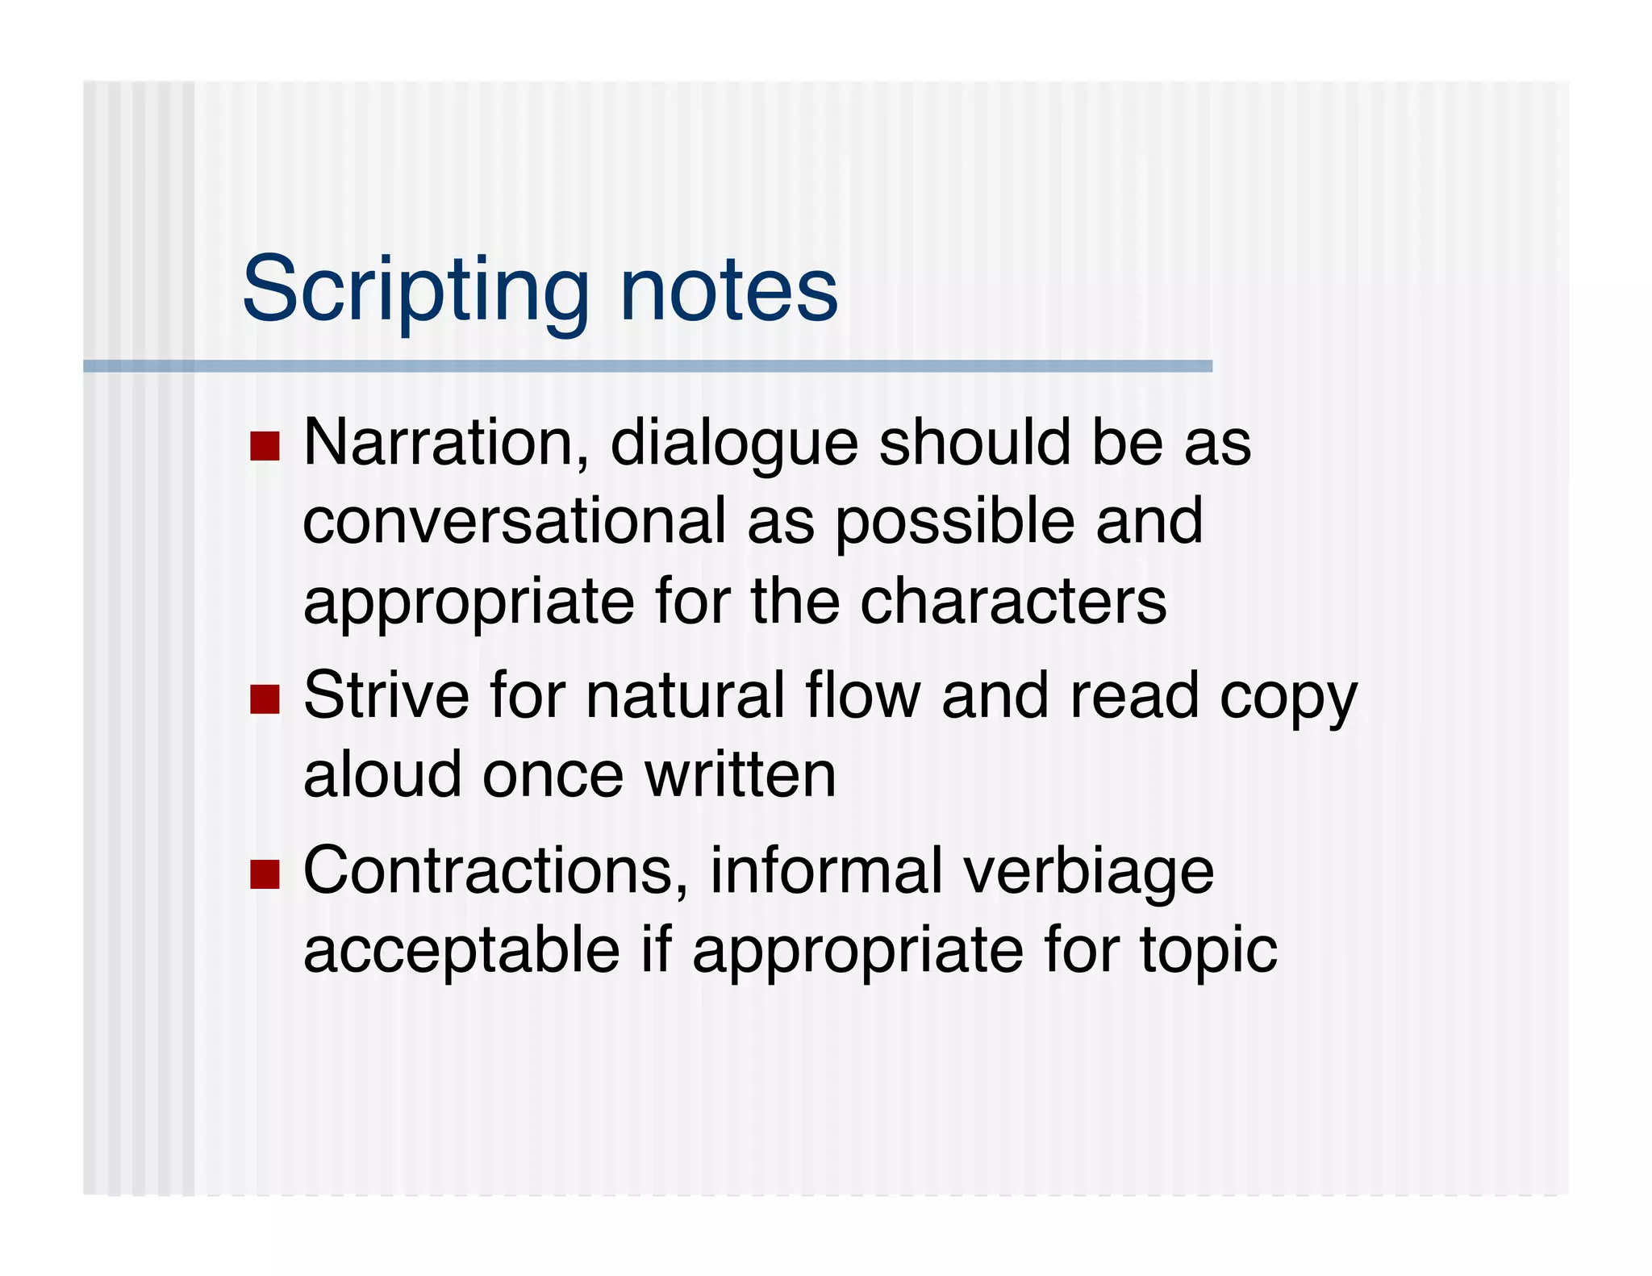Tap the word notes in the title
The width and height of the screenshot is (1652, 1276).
tap(728, 290)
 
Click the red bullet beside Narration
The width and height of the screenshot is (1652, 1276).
tap(265, 445)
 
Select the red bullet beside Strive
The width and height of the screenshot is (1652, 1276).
tap(265, 698)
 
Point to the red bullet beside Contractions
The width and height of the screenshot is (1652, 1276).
tap(265, 874)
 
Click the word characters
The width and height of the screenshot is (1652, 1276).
tap(1013, 602)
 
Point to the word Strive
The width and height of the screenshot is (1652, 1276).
tap(386, 695)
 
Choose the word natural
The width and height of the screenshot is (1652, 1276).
tap(686, 695)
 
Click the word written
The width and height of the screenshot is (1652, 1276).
tap(740, 774)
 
